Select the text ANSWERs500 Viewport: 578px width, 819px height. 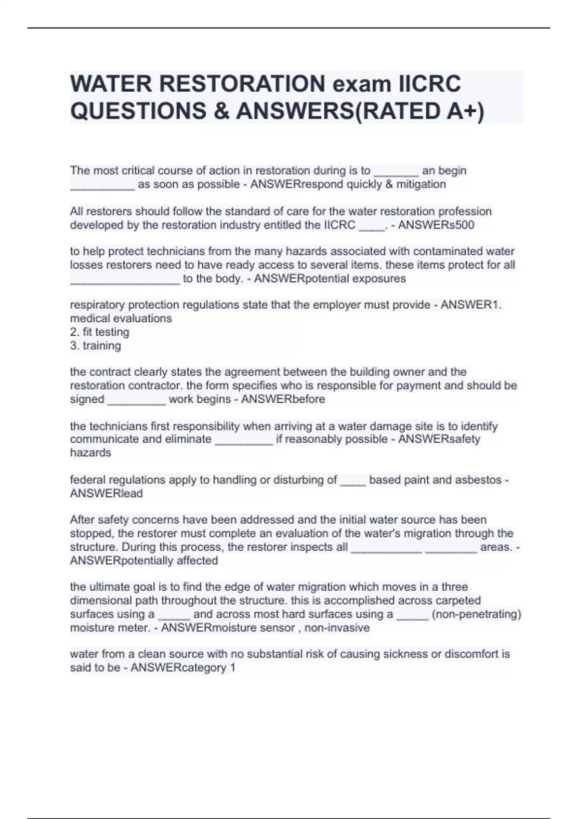[x=436, y=225]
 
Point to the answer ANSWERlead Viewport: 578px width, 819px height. [x=106, y=493]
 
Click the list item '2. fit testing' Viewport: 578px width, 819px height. [x=100, y=332]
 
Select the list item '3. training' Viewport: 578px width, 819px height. [x=95, y=345]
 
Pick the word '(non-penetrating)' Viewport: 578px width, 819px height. [x=476, y=614]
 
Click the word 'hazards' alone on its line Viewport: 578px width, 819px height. [x=91, y=453]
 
